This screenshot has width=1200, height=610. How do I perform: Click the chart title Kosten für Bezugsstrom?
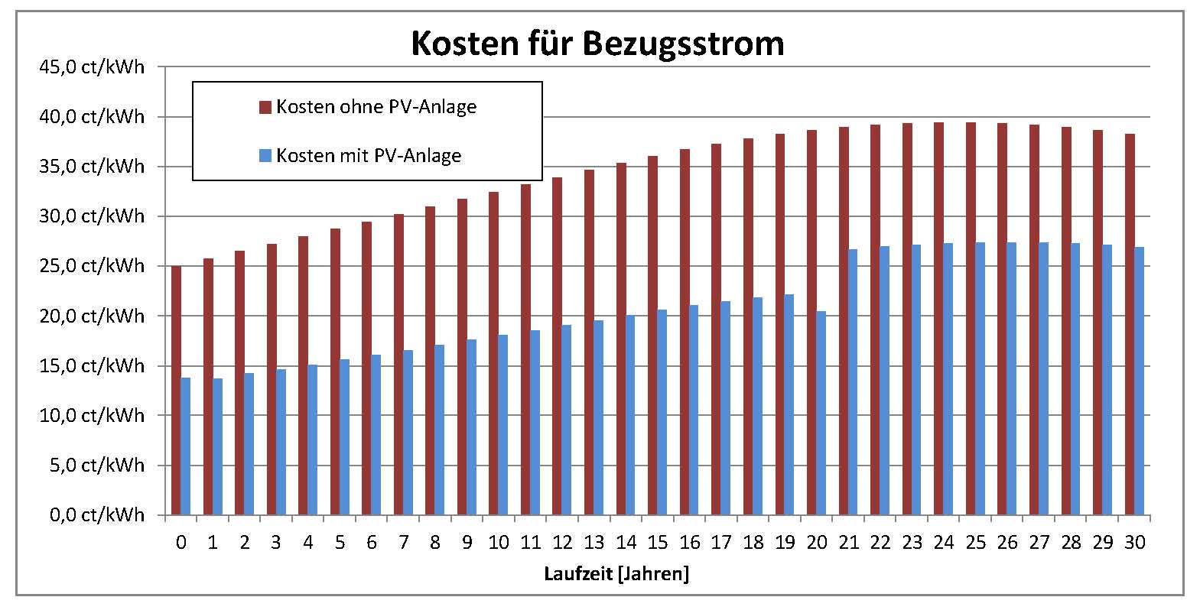pyautogui.click(x=597, y=44)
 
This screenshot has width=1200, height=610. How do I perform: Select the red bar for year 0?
pyautogui.click(x=176, y=390)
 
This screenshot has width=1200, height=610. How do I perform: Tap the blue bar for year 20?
pyautogui.click(x=821, y=413)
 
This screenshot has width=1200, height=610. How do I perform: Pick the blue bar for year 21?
pyautogui.click(x=853, y=382)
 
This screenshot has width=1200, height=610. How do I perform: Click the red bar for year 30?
pyautogui.click(x=1130, y=324)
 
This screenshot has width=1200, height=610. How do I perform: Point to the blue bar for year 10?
pyautogui.click(x=503, y=424)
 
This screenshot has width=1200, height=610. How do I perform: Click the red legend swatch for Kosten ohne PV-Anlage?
pyautogui.click(x=265, y=107)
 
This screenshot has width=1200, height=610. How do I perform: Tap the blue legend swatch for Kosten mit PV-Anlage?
pyautogui.click(x=265, y=156)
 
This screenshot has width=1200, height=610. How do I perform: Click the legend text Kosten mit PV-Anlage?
pyautogui.click(x=369, y=156)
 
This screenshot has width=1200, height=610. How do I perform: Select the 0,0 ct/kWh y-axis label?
pyautogui.click(x=96, y=514)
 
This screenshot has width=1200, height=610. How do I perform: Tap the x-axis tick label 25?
pyautogui.click(x=976, y=543)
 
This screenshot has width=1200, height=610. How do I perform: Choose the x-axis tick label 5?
pyautogui.click(x=340, y=543)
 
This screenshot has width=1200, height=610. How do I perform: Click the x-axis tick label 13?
pyautogui.click(x=593, y=543)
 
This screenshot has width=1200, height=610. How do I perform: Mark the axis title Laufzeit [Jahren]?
pyautogui.click(x=616, y=574)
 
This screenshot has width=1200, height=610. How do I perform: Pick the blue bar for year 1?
pyautogui.click(x=218, y=446)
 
